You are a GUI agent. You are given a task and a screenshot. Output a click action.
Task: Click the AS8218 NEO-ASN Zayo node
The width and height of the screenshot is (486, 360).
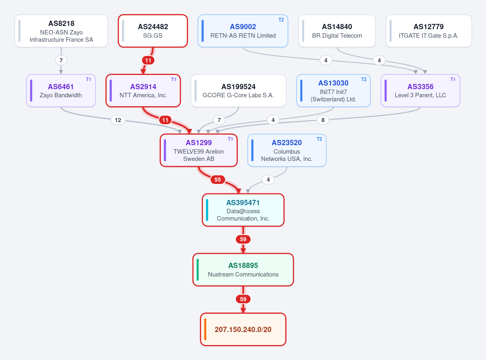[61, 31]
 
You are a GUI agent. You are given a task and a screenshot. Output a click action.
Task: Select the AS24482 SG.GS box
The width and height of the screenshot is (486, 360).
[153, 31]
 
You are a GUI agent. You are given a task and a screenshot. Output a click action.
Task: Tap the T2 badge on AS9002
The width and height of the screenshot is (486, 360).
[281, 20]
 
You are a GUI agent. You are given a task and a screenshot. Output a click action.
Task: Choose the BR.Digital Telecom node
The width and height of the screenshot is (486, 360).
[337, 31]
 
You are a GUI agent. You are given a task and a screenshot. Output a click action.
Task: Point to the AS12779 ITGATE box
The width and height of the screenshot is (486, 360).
[429, 31]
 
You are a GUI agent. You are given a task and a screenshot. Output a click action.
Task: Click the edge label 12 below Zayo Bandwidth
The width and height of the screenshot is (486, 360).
[118, 120]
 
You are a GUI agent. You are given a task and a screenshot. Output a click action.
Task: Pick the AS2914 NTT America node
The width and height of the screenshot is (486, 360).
[143, 90]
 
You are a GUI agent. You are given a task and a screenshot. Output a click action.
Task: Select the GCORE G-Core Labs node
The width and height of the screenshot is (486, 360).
[238, 90]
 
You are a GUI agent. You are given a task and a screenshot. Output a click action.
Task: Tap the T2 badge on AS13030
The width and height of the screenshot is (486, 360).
[364, 79]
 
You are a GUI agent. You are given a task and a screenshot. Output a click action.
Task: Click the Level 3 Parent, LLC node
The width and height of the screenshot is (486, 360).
[420, 90]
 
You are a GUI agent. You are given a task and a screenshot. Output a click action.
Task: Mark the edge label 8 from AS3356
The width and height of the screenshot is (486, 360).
[323, 120]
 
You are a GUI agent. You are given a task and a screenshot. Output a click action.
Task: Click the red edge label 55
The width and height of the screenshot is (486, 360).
[218, 180]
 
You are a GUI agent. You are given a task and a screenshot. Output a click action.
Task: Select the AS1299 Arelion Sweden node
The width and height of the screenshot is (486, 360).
[199, 150]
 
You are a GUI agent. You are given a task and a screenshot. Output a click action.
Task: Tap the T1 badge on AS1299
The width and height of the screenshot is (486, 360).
[230, 139]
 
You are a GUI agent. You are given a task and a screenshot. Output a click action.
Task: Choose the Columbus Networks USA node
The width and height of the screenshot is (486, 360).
[287, 150]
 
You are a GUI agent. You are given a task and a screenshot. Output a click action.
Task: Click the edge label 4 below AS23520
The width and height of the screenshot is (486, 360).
[268, 180]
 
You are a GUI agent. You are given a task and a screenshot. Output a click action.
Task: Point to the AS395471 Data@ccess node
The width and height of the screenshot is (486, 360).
[243, 210]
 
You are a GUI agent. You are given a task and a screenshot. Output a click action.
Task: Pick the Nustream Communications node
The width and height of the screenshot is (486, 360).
[243, 270]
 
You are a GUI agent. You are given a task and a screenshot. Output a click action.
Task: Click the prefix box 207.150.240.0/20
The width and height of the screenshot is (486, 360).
[243, 329]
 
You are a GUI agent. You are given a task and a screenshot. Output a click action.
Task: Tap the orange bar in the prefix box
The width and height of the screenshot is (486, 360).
[205, 329]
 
